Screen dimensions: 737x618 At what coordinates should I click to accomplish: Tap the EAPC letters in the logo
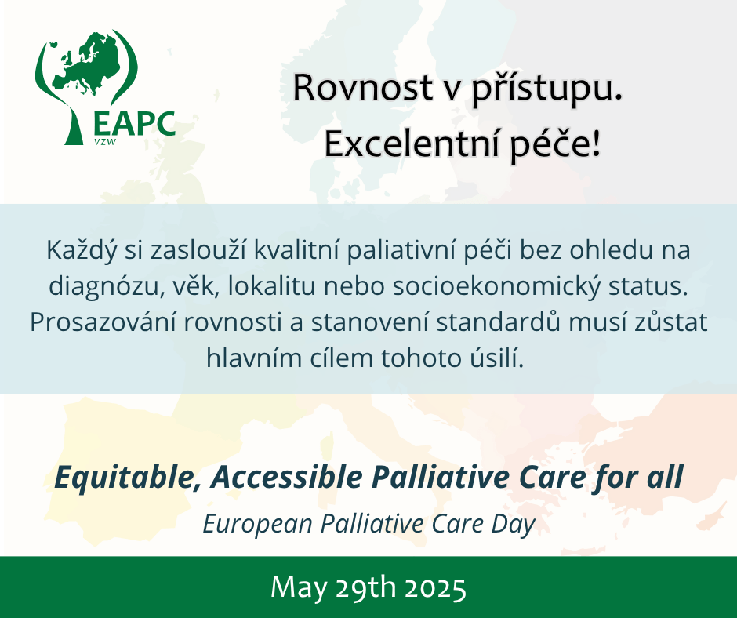[x=134, y=124]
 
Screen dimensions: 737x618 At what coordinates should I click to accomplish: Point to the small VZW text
[x=105, y=141]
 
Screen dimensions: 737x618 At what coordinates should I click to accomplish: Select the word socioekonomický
[x=496, y=287]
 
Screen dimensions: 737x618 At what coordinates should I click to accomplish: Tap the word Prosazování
[x=103, y=323]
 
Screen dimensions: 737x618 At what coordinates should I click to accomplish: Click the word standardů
[x=498, y=322]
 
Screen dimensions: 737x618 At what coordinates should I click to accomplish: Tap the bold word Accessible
[x=287, y=477]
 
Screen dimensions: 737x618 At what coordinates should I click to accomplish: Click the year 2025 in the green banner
[x=435, y=588]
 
